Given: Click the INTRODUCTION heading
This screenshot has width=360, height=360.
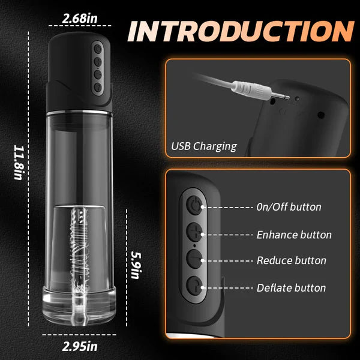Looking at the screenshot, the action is [x=241, y=31].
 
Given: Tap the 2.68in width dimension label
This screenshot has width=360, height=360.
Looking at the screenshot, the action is [x=80, y=19].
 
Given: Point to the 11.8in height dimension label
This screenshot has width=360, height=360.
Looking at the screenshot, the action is [x=19, y=163].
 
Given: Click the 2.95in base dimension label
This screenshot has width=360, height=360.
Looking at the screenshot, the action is [x=80, y=346].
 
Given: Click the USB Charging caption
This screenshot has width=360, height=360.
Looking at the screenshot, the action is [x=204, y=146].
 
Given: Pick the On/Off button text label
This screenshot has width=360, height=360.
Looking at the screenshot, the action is [x=289, y=207].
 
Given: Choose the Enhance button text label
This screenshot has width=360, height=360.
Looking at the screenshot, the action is [x=294, y=235].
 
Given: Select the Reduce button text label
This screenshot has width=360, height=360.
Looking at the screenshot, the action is [x=292, y=260].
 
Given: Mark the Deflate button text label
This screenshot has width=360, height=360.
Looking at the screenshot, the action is [x=291, y=288].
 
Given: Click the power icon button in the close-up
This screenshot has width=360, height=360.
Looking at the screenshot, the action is [x=194, y=205].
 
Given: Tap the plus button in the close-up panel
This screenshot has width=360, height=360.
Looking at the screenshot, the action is [x=194, y=232].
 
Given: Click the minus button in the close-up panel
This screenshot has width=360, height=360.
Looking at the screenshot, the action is [x=194, y=259].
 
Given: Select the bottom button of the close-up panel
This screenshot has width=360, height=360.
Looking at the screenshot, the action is [x=194, y=286].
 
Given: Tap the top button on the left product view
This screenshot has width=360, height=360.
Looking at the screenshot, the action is [x=98, y=49].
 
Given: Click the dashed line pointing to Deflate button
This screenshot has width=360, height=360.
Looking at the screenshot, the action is [x=227, y=287].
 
